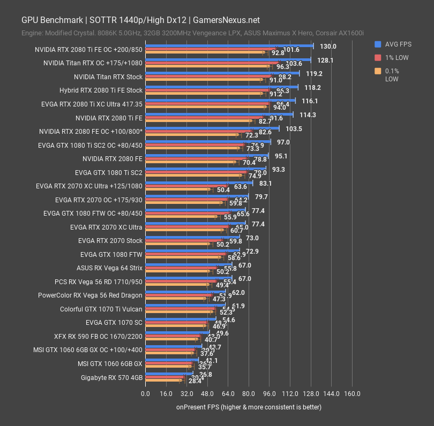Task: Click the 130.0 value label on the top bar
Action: [x=327, y=47]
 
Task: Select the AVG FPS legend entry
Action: [x=397, y=44]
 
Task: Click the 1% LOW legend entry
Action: [x=398, y=58]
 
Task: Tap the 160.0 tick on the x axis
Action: [x=351, y=394]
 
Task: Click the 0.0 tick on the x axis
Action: [x=145, y=394]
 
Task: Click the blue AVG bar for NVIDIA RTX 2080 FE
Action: [x=206, y=155]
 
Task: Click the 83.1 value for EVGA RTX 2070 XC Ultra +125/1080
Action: [x=265, y=183]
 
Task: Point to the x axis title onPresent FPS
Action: [x=249, y=407]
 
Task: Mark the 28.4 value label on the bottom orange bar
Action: [x=194, y=381]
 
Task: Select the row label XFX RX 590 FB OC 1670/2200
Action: [x=98, y=336]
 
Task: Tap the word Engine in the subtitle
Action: [x=32, y=33]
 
